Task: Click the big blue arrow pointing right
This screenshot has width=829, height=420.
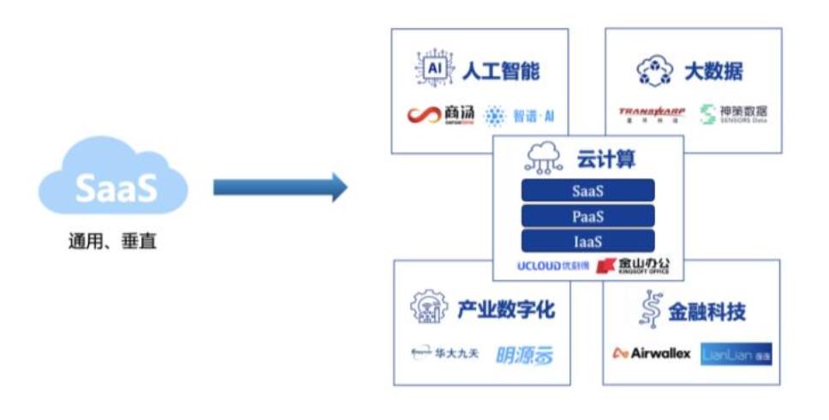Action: coord(279,187)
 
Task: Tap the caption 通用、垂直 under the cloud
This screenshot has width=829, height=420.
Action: coord(113,243)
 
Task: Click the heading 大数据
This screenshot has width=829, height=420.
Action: coord(713,71)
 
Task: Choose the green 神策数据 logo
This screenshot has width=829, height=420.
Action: coord(733,114)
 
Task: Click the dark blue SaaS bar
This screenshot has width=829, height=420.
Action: coord(587,190)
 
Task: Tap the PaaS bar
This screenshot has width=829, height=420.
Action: coord(587,215)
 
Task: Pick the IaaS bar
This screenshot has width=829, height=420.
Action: coord(587,241)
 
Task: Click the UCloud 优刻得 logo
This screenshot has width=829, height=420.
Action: coord(553,266)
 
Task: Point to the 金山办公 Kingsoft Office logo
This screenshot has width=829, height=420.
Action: coord(632,266)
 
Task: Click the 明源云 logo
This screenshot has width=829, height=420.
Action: coord(524,354)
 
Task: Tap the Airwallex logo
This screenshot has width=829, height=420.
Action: coord(652,353)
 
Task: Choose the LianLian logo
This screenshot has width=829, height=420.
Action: coord(736,353)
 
